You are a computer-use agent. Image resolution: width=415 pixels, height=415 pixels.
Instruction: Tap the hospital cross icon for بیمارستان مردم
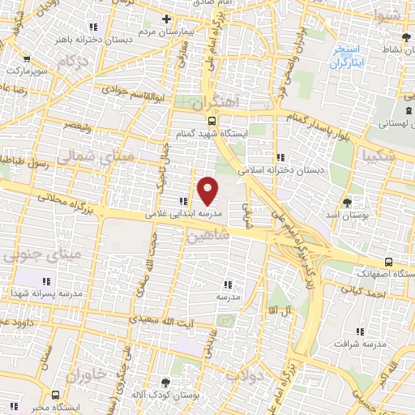pyautogui.click(x=166, y=18)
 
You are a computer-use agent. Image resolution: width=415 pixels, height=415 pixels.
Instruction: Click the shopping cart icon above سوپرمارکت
pyautogui.click(x=27, y=58)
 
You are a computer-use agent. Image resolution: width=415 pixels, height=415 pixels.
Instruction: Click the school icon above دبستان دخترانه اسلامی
pyautogui.click(x=280, y=157)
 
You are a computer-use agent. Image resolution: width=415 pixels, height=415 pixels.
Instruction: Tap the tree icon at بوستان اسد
pyautogui.click(x=348, y=201)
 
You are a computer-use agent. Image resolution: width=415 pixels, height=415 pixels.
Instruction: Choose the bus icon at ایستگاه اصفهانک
pyautogui.click(x=389, y=262)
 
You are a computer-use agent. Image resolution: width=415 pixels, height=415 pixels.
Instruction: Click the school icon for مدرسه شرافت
pyautogui.click(x=362, y=332)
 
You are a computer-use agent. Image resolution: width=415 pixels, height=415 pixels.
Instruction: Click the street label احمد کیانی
pyautogui.click(x=372, y=294)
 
